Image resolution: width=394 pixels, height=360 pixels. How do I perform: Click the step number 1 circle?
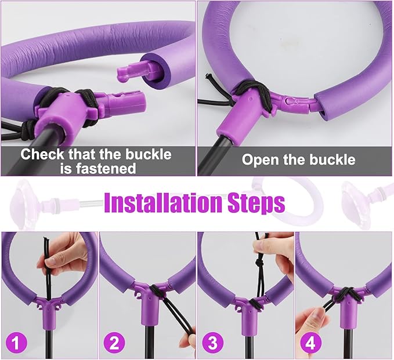(x=16, y=343)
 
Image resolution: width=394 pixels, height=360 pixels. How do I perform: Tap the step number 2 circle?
(x=114, y=343)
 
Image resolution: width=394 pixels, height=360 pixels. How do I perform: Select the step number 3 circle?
(x=212, y=343)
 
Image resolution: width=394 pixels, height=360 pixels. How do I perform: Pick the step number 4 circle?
(x=311, y=343)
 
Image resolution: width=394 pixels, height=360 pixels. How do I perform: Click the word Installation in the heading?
(x=164, y=203)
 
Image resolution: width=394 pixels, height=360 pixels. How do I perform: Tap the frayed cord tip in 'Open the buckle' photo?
(x=208, y=76)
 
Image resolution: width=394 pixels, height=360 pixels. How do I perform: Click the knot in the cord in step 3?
(x=258, y=263)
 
